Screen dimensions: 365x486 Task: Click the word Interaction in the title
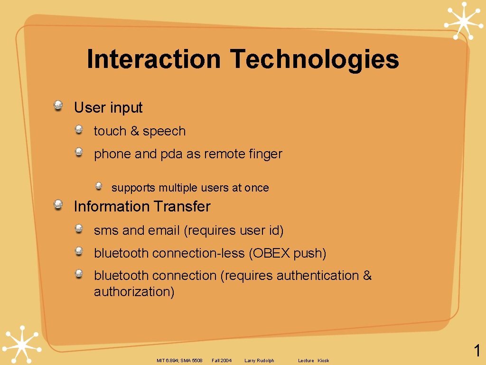coord(154,59)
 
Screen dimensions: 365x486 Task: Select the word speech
coord(164,132)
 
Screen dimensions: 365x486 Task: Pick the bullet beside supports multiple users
coord(99,186)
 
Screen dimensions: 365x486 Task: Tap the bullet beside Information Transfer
coord(58,204)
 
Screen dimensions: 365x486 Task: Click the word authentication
coord(318,276)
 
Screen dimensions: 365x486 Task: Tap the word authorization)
coord(134,292)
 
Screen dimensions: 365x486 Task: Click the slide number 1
coord(477,351)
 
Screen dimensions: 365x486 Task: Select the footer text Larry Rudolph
coord(259,361)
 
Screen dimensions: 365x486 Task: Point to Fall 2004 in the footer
coord(222,361)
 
